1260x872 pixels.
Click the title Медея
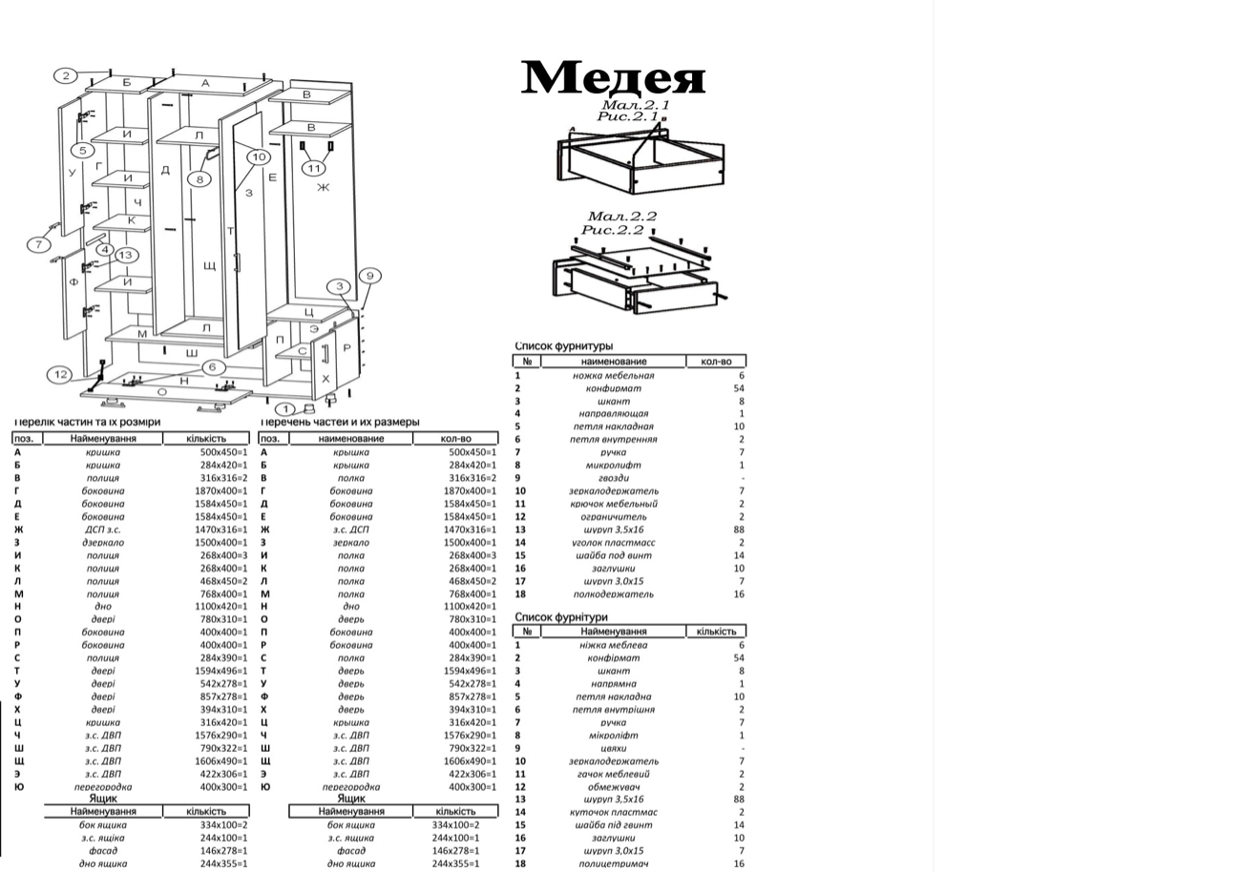[613, 77]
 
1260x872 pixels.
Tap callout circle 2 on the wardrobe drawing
[66, 76]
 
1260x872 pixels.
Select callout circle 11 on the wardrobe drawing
[314, 169]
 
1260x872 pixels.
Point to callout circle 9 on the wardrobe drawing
[369, 276]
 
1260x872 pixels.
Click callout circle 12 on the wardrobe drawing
[60, 374]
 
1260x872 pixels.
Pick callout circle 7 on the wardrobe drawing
[38, 244]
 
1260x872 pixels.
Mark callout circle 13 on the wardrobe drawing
[126, 255]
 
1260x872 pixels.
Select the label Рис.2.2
[619, 230]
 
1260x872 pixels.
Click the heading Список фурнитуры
[563, 346]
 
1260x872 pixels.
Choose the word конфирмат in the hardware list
[613, 388]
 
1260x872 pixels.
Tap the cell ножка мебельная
[613, 376]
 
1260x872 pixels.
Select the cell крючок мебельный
[613, 504]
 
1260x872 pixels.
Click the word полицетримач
[615, 864]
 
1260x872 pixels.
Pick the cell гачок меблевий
[613, 774]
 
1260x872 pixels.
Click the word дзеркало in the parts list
[102, 542]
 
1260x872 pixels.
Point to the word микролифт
[613, 466]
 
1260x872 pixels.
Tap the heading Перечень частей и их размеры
[339, 422]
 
